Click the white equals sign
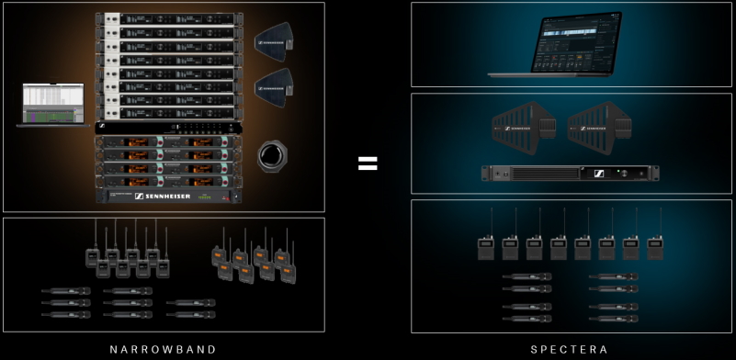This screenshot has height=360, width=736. pos(368,163)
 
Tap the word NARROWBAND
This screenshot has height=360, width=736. pos(163,349)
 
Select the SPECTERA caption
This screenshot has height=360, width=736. pos(571,349)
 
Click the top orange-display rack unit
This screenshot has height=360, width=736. pos(169,141)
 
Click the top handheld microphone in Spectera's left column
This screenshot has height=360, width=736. pos(527,276)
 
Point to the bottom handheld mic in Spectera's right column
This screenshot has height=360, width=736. pos(614,318)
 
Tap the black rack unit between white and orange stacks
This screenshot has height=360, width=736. pos(169,128)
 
